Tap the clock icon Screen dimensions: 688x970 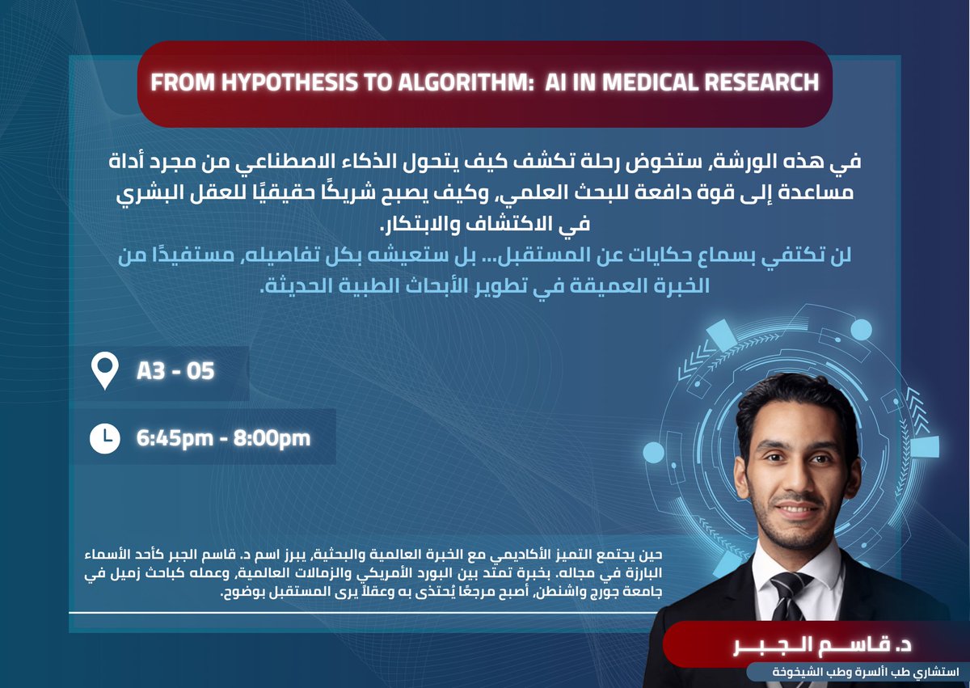(x=105, y=437)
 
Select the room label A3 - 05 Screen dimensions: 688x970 (x=175, y=372)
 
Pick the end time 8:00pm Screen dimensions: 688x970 (x=272, y=438)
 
